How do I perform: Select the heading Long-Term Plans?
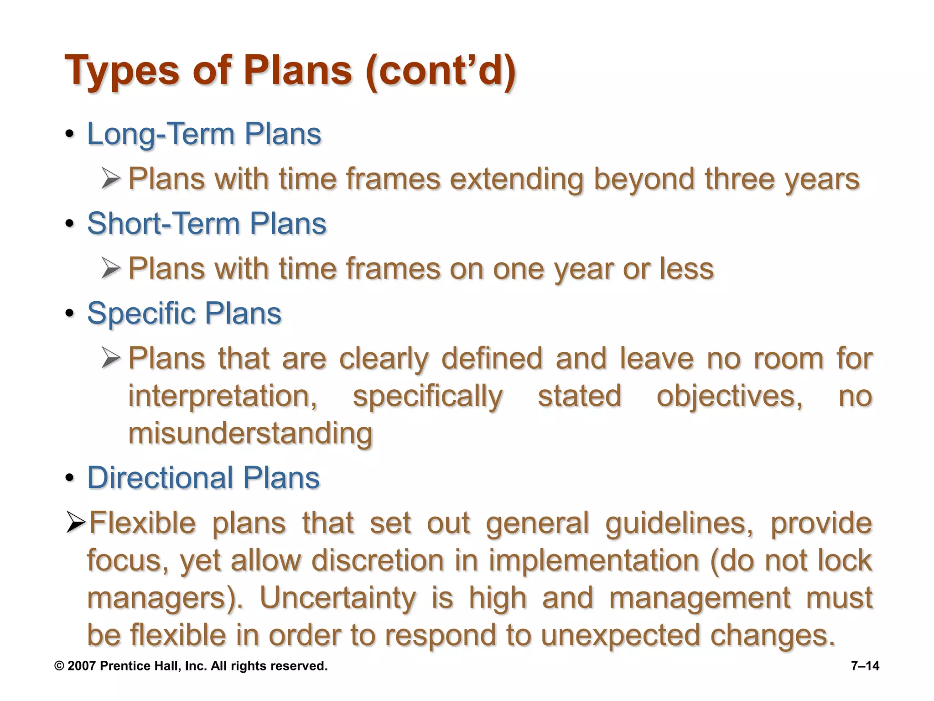[x=204, y=134]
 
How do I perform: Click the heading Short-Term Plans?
[x=207, y=224]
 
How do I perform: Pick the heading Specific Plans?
[x=184, y=314]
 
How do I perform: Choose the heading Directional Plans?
[x=203, y=478]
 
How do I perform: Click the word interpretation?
[x=223, y=396]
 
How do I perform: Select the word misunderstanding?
[x=250, y=434]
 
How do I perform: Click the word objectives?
[x=729, y=396]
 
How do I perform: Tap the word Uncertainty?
[x=337, y=598]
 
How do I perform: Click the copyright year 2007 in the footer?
[x=82, y=666]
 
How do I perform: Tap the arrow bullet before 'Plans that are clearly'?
[x=111, y=358]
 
